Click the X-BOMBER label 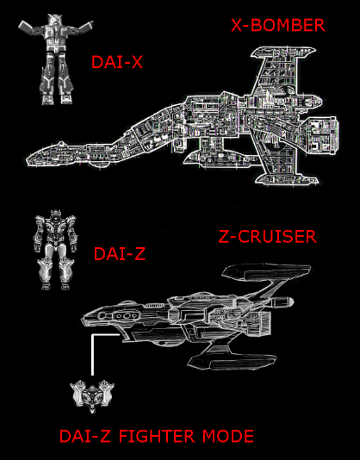click(278, 25)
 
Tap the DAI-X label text click(117, 62)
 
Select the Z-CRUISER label click(268, 237)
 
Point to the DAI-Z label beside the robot click(120, 254)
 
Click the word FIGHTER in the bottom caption click(157, 436)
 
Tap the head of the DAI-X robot click(55, 19)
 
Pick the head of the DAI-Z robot click(55, 215)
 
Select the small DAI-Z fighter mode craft click(92, 396)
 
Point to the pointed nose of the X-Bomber click(27, 160)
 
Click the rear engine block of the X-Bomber click(320, 134)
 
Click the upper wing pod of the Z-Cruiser click(266, 271)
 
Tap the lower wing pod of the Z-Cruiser click(232, 363)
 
